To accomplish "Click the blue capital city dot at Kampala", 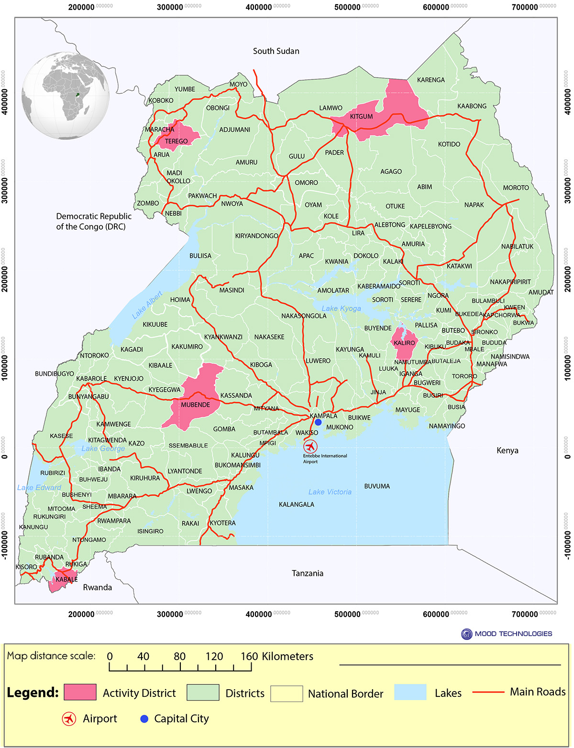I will tap(318, 422).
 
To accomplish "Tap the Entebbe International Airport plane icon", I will tap(310, 447).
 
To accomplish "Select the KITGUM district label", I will tap(361, 117).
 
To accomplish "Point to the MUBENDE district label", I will tap(195, 405).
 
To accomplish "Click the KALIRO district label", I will tap(404, 343).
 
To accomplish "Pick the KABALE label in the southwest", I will tap(66, 580).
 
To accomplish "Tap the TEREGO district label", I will tap(176, 142).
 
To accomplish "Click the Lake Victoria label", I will tap(330, 492).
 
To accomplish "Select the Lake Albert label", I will tap(147, 305).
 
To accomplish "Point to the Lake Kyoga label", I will tap(341, 308).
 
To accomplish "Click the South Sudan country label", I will tap(276, 51).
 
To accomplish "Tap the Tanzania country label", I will tap(307, 573).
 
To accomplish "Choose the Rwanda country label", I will tap(97, 587).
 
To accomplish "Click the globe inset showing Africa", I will tap(66, 96).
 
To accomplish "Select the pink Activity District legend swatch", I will tap(80, 693).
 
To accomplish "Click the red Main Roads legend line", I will tap(488, 692).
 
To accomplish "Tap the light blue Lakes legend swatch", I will tap(410, 693).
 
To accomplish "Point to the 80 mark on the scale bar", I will tap(180, 657).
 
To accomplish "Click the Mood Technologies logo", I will tap(466, 634).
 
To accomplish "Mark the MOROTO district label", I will tap(516, 188).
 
